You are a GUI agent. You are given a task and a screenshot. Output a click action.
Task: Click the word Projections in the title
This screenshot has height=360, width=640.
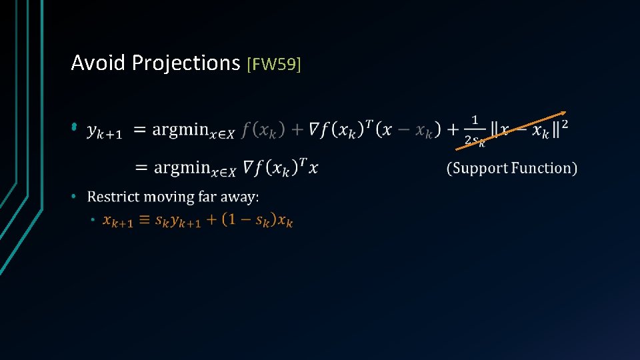pos(186,63)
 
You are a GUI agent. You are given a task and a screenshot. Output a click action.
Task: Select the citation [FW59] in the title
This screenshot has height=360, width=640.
pos(274,64)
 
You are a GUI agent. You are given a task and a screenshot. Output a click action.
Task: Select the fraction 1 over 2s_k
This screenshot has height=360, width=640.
pos(475,129)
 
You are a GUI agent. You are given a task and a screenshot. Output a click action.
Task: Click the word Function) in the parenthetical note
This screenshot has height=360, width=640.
pos(543,168)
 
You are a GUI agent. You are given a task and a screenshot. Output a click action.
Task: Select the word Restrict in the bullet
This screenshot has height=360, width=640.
pos(111,197)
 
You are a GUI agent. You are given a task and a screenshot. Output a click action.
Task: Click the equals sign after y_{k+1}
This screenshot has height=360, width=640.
pos(140,130)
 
